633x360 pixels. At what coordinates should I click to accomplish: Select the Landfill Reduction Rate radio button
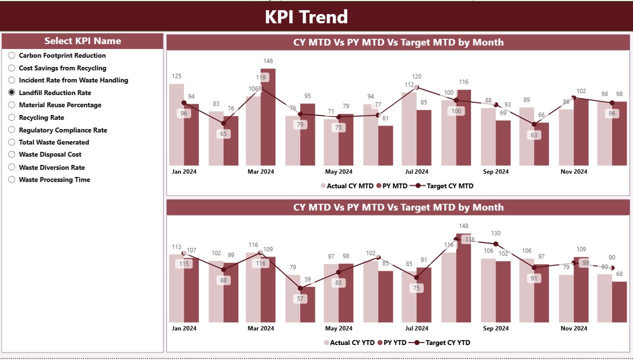coord(11,92)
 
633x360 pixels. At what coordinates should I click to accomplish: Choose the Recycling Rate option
coord(11,117)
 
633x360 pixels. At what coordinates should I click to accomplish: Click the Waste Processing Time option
coord(11,179)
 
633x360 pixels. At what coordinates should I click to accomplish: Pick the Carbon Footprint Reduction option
coord(11,55)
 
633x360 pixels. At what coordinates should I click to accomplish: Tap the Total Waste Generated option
coord(11,142)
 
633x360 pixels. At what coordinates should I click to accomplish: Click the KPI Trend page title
coord(306,17)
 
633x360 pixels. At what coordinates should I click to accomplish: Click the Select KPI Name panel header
coord(82,41)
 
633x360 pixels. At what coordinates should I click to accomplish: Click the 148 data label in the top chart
coord(267,61)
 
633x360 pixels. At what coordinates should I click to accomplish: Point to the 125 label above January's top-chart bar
coord(176,76)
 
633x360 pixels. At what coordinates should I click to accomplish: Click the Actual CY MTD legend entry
coord(349,186)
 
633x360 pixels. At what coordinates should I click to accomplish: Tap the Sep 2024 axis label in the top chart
coord(495,171)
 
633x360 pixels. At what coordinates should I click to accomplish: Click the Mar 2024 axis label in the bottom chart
coord(260,328)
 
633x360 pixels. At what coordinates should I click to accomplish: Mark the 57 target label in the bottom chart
coord(300,299)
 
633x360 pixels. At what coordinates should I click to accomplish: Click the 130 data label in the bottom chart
coord(495,233)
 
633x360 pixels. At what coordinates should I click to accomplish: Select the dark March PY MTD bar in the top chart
coord(268,117)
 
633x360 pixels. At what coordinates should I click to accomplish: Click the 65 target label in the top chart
coord(223,134)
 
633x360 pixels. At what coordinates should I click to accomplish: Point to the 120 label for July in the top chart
coord(416,76)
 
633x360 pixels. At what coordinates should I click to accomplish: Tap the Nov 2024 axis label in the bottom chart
coord(573,328)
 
